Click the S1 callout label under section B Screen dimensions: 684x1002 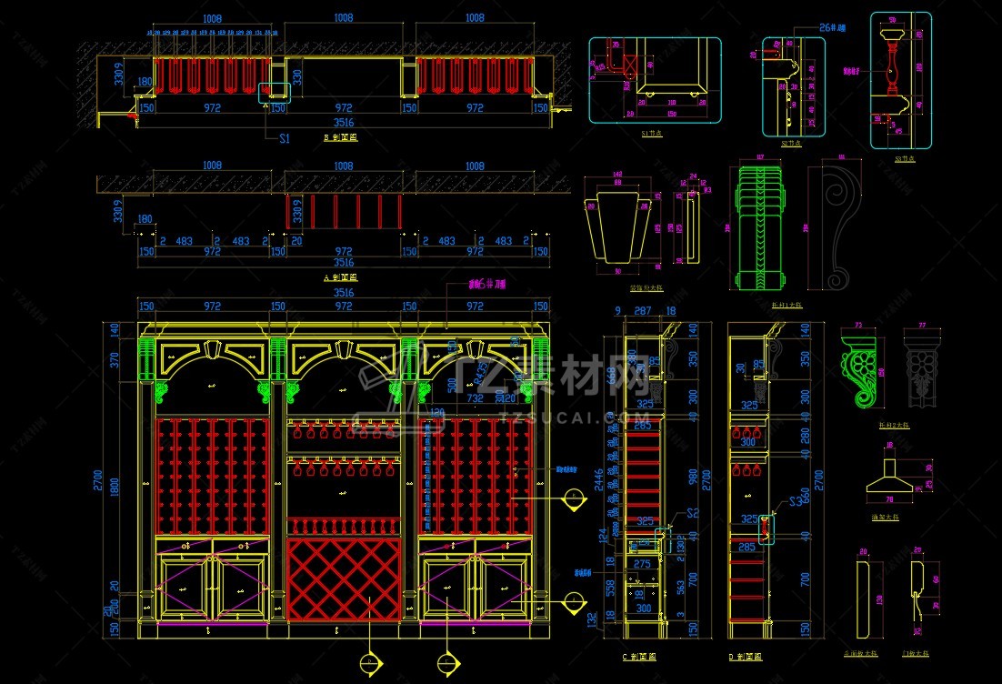[x=285, y=138]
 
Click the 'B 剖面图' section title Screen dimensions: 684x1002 [x=341, y=138]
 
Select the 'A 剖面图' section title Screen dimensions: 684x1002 [x=341, y=277]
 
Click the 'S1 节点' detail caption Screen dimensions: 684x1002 [x=651, y=133]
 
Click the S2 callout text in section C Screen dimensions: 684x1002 [x=692, y=513]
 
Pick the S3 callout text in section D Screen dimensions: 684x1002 [x=797, y=500]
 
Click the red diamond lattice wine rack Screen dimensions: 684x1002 [x=344, y=579]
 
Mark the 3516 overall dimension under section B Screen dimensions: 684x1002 [x=344, y=123]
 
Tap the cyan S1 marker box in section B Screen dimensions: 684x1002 [x=275, y=92]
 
